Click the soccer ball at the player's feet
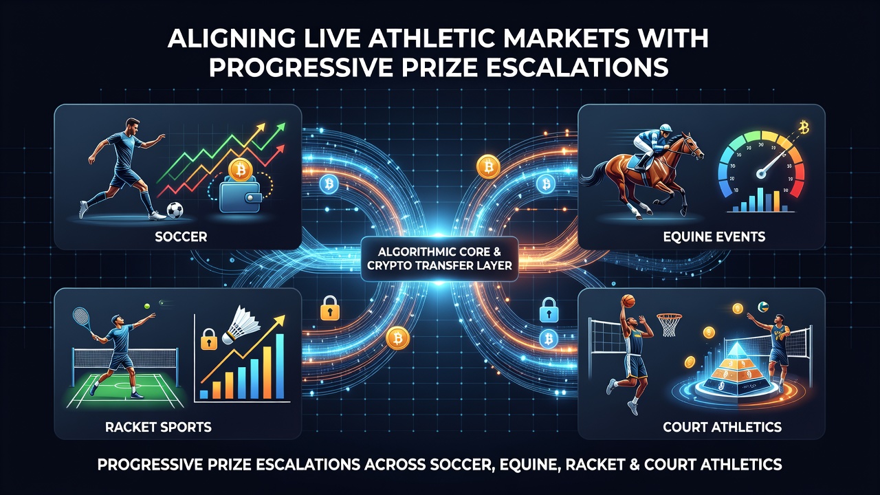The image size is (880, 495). pyautogui.click(x=175, y=210)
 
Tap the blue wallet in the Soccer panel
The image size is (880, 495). pyautogui.click(x=241, y=195)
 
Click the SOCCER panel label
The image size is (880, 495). pyautogui.click(x=181, y=236)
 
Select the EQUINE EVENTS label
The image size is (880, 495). pyautogui.click(x=714, y=236)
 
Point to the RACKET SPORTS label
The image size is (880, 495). pyautogui.click(x=158, y=427)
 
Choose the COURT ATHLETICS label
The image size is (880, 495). pyautogui.click(x=722, y=427)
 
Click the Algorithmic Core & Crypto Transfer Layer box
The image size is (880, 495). pyautogui.click(x=439, y=258)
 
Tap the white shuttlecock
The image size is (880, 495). pyautogui.click(x=241, y=325)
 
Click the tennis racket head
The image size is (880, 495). pyautogui.click(x=81, y=317)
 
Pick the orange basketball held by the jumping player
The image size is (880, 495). pyautogui.click(x=628, y=301)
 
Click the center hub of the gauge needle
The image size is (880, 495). pyautogui.click(x=761, y=173)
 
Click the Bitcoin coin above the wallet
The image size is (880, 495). pyautogui.click(x=240, y=170)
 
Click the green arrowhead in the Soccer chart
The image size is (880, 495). pyautogui.click(x=280, y=128)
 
